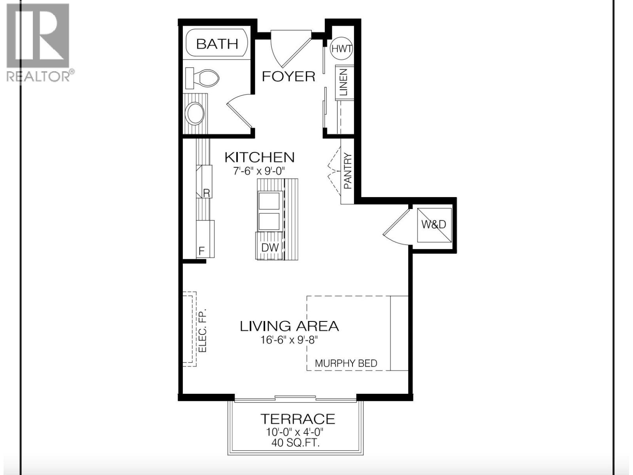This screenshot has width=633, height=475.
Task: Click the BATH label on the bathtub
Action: pos(217,44)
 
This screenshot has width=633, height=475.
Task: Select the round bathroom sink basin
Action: pos(195,114)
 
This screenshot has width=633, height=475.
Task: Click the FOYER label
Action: pos(288,76)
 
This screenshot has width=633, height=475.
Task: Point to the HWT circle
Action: pos(341,49)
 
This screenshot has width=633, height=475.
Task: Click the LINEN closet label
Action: pos(343,82)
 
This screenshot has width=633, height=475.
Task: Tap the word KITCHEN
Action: pos(260,157)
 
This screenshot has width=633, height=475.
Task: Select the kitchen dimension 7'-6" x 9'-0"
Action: pos(259,171)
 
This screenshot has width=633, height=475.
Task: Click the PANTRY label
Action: pos(348,171)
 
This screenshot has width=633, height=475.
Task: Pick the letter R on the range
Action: pos(206,193)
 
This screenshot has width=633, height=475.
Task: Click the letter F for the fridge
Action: pos(201,251)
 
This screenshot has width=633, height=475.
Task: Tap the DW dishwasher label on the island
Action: pos(270,248)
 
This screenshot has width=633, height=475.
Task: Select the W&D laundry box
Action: pos(434,224)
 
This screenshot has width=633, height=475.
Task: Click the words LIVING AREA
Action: pos(289,326)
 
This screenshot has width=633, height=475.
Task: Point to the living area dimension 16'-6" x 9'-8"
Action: pos(289,340)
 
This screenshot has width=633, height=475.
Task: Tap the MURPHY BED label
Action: pos(346,363)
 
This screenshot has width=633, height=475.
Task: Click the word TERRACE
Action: pos(298,419)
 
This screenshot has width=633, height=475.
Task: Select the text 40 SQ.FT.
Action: pos(296,443)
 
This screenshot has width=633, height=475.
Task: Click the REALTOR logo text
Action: pos(39,76)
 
